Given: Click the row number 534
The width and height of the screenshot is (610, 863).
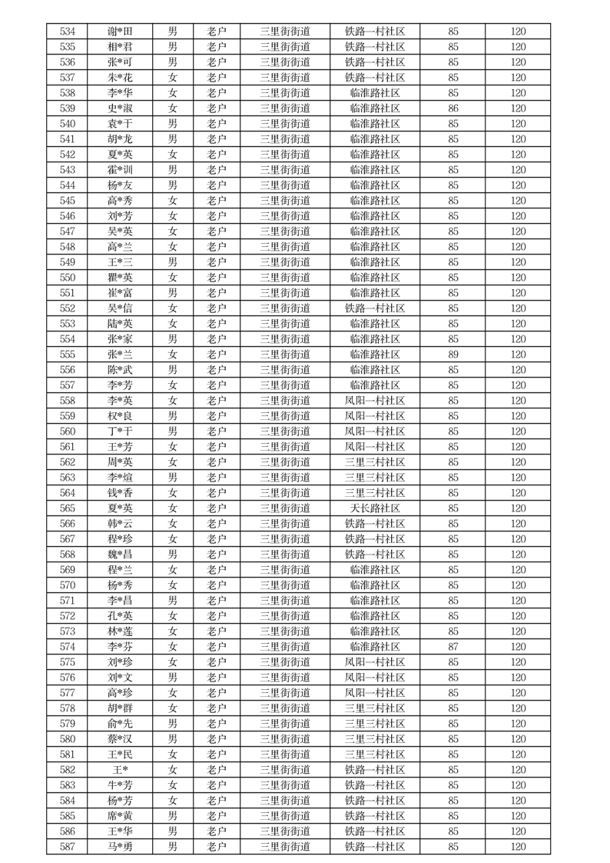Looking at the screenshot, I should (x=68, y=32).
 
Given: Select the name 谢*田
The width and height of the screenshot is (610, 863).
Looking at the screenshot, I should (x=120, y=32).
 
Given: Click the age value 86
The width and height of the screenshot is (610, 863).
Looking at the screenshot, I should (x=453, y=108).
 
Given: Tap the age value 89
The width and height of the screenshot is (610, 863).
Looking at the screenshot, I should (x=453, y=355).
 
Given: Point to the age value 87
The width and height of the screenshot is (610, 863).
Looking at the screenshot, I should (x=453, y=647).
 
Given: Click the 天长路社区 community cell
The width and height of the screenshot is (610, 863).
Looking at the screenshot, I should (x=375, y=508).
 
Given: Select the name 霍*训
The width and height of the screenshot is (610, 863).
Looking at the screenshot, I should (x=120, y=170).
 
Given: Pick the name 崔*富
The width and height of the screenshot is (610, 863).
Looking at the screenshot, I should (x=120, y=293).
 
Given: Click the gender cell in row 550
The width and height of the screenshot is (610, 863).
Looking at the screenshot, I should (x=173, y=278).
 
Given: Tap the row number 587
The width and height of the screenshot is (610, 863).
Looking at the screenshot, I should (x=68, y=847).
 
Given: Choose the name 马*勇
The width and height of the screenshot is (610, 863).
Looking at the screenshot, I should (x=120, y=847).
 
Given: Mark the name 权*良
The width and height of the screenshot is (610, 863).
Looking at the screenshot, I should (x=120, y=416).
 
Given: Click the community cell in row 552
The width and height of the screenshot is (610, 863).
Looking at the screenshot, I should (x=375, y=308).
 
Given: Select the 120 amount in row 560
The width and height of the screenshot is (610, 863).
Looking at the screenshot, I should (x=519, y=431).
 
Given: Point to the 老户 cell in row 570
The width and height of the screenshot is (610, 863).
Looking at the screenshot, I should (x=217, y=585).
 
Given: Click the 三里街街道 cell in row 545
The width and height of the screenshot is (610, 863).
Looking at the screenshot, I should (x=285, y=201).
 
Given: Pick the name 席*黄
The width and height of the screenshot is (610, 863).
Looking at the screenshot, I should (x=120, y=816).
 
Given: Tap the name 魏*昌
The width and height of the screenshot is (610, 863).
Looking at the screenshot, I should (x=120, y=555).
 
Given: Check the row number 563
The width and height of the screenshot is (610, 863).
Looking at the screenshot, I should (x=68, y=478).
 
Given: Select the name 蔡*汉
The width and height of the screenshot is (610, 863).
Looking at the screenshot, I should (x=120, y=739).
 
